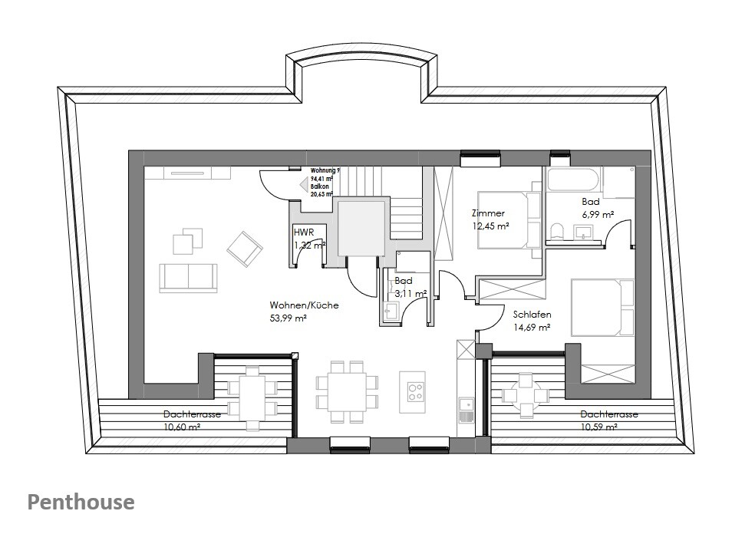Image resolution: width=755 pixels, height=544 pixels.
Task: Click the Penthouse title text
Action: (x=81, y=503)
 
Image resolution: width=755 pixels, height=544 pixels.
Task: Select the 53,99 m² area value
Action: (x=288, y=318)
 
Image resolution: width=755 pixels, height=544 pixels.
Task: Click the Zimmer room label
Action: (x=489, y=213)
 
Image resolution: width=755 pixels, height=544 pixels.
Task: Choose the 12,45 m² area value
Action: (x=491, y=226)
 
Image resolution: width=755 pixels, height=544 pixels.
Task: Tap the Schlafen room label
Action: (x=532, y=315)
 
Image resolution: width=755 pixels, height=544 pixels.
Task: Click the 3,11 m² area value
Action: (x=410, y=293)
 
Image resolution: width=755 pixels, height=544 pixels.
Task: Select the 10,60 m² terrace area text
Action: (x=182, y=427)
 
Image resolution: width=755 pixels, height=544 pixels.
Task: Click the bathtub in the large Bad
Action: (x=572, y=180)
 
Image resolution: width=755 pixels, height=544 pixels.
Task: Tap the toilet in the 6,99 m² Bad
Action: (x=557, y=230)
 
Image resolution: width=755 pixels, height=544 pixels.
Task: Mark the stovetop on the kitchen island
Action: (x=415, y=391)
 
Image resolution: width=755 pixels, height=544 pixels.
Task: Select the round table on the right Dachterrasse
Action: (x=526, y=395)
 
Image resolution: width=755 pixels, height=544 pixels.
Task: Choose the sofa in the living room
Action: (x=188, y=277)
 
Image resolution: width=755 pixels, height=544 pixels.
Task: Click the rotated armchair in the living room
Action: (x=245, y=249)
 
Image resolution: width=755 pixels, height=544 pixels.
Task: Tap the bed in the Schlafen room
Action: (x=602, y=307)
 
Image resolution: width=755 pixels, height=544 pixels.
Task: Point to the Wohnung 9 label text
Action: (x=325, y=170)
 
